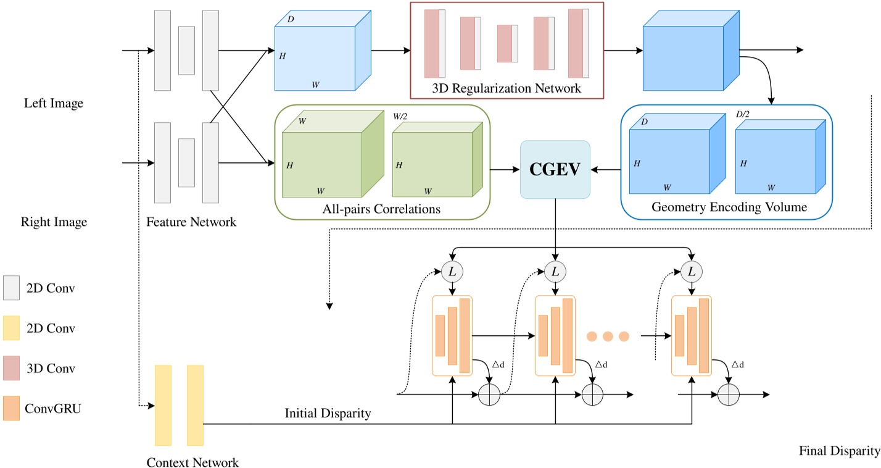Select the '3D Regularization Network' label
click(506, 88)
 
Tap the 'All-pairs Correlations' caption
click(381, 209)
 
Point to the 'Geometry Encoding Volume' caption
click(729, 207)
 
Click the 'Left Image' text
click(53, 104)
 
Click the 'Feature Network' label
click(191, 222)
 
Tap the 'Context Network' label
click(192, 462)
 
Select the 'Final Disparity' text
click(839, 450)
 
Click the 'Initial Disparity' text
click(328, 414)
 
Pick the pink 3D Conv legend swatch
click(12, 368)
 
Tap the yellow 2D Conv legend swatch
click(12, 328)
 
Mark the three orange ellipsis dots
click(607, 336)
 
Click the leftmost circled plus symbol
click(489, 395)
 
